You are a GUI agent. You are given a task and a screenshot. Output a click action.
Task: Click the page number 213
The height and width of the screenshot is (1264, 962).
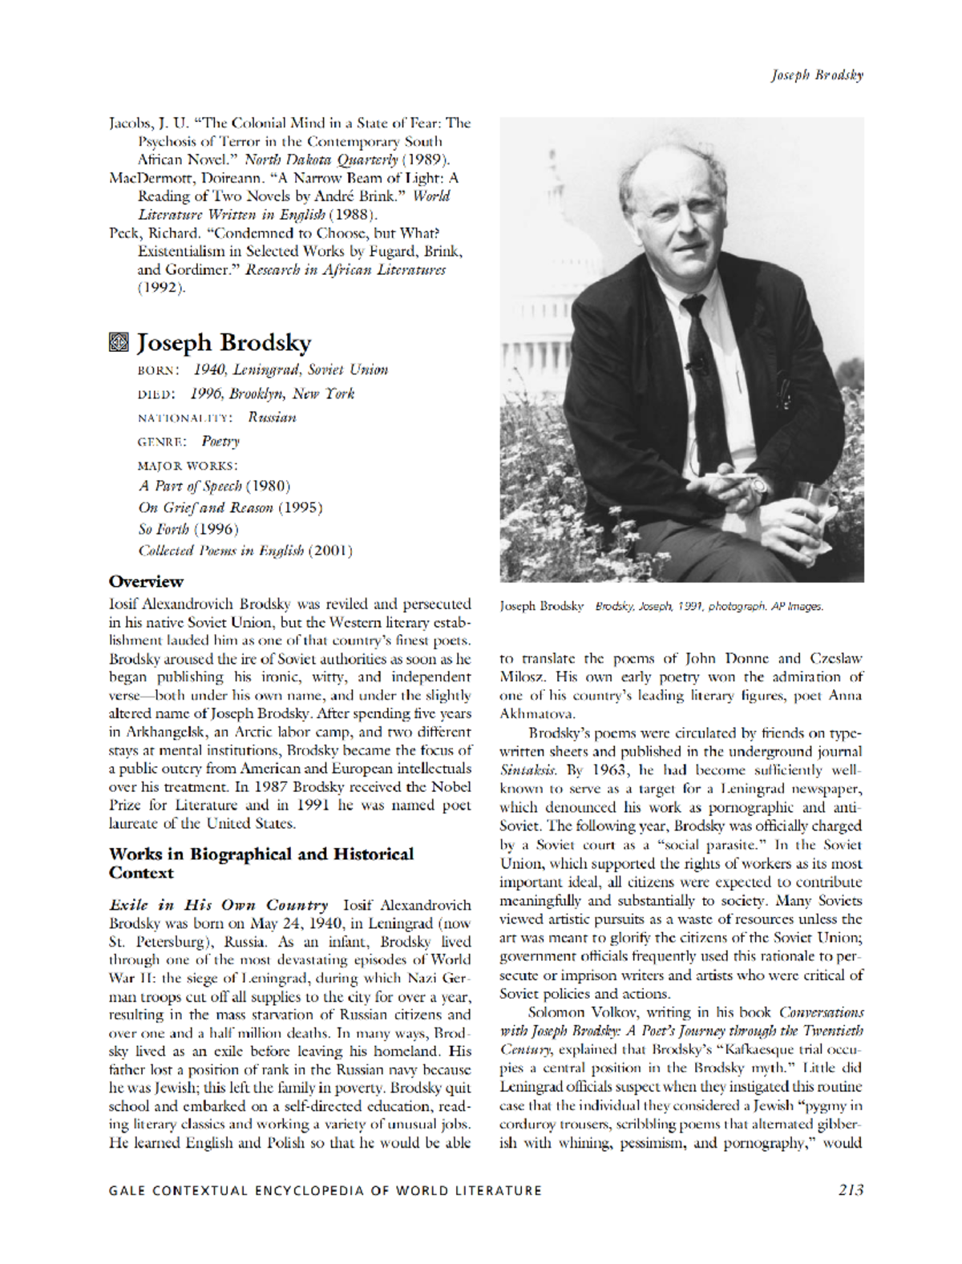pos(851,1190)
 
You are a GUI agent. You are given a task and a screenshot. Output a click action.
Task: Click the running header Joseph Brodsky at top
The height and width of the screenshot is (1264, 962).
pos(816,75)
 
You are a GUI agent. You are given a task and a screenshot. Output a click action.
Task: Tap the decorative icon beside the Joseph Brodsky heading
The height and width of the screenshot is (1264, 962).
pos(119,343)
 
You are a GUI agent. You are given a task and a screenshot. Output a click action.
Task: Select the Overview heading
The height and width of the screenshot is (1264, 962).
pos(146,581)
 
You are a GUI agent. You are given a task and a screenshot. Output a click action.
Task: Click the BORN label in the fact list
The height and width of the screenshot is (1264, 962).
pos(158,370)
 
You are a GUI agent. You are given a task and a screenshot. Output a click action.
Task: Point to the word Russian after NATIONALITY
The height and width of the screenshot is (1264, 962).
pos(272,418)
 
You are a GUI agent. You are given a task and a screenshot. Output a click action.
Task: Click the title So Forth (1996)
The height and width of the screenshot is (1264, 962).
pos(188,529)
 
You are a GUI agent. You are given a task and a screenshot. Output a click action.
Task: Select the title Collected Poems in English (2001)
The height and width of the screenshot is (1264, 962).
pos(245,551)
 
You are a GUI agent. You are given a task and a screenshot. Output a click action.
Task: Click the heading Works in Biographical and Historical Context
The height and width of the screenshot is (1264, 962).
pos(261,863)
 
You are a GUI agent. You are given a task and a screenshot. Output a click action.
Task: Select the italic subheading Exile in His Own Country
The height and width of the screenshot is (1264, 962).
pos(218,905)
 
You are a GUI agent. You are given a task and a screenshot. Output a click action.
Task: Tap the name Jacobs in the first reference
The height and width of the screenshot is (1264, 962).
pos(129,123)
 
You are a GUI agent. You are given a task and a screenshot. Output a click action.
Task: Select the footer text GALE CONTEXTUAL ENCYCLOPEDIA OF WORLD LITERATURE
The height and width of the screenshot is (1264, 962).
pos(325,1191)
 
